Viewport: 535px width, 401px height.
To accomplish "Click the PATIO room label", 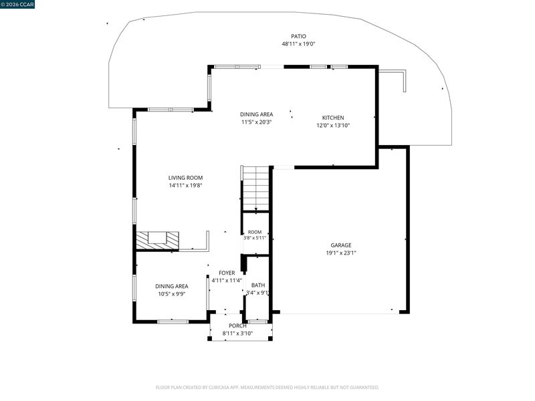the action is pos(298,36).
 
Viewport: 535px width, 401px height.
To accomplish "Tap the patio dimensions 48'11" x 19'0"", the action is pos(298,44).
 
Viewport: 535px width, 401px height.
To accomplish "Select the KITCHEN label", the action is pos(333,118).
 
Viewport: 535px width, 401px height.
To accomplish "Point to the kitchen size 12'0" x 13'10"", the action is pos(333,126).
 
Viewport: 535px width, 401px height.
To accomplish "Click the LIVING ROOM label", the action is pos(186,178).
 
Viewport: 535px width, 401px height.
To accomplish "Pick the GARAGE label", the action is pos(341,245).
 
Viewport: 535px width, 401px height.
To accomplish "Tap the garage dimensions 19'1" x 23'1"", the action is pos(341,253).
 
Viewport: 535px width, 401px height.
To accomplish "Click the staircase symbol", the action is pos(255,188).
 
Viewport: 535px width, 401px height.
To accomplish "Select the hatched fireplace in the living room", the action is pos(157,241).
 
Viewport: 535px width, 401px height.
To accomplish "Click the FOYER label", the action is pos(227,273).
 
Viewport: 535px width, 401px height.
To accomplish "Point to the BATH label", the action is pos(258,285).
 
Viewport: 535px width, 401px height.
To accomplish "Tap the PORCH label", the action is pos(237,325).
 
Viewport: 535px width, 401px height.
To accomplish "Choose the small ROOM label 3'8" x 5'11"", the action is pos(255,235).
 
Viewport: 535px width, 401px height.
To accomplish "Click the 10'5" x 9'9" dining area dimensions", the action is pos(172,294).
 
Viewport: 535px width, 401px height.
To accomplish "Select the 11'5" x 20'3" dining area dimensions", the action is pos(256,122).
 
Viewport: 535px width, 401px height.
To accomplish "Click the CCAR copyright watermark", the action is pos(17,5).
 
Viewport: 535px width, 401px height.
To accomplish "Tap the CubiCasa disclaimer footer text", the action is pos(267,388).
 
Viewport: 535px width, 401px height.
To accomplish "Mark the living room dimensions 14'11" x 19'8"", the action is pos(186,186).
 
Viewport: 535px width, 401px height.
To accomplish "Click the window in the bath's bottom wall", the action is pos(257,321).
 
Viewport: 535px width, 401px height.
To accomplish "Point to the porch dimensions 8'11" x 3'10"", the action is pos(237,333).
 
